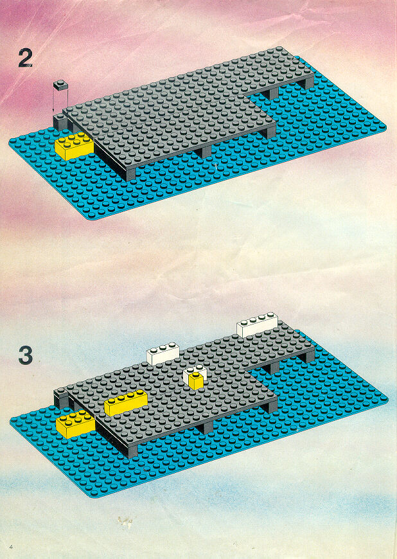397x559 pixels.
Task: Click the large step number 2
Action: pos(25,58)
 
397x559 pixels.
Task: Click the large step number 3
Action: pos(26,355)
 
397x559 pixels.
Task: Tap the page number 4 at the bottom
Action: pos(12,547)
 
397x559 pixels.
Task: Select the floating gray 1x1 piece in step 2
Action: pos(60,85)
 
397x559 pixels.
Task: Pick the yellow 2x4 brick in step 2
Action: pos(74,145)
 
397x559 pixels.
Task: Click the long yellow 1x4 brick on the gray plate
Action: pos(126,402)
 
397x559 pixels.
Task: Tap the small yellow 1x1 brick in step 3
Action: pos(196,381)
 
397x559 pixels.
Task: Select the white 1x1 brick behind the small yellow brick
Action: pos(195,373)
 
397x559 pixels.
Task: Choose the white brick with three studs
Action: pos(163,353)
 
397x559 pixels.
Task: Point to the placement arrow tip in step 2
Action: pos(54,112)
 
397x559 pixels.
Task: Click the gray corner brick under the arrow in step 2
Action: pos(60,121)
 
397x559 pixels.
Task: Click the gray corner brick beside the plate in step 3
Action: pos(61,398)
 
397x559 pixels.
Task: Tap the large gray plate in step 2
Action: pos(178,114)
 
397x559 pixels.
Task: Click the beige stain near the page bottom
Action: pos(125,522)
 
